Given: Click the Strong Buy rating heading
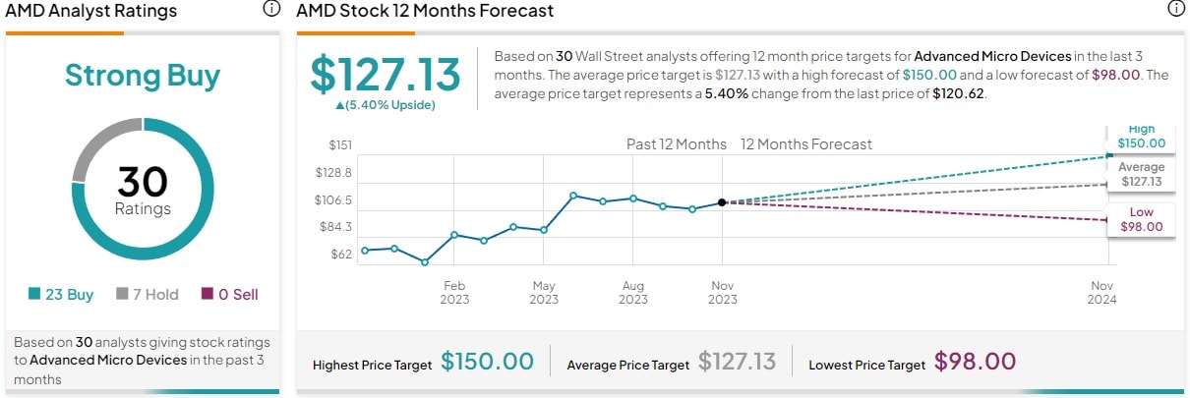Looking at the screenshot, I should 143,76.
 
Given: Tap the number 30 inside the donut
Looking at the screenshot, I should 143,183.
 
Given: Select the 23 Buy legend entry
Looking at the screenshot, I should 60,294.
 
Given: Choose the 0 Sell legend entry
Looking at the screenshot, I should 230,294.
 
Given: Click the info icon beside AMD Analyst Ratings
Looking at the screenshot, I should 271,10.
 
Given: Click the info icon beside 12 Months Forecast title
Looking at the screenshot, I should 1175,10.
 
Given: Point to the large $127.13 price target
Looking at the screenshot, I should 386,75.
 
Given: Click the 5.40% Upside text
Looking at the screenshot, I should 386,104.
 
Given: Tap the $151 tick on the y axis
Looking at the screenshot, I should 339,145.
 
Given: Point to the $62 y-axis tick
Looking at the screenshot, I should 340,254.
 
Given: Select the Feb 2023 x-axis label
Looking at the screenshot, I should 454,292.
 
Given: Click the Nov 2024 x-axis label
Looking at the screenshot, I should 1102,292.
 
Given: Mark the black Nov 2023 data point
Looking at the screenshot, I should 722,202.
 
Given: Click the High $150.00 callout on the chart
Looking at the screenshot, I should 1141,138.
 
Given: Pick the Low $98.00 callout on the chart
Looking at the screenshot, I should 1141,219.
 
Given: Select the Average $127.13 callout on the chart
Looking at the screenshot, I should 1141,175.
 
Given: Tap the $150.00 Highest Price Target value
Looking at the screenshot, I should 487,362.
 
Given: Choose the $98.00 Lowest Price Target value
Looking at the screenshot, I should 975,362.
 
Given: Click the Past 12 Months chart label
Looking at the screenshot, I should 677,144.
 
